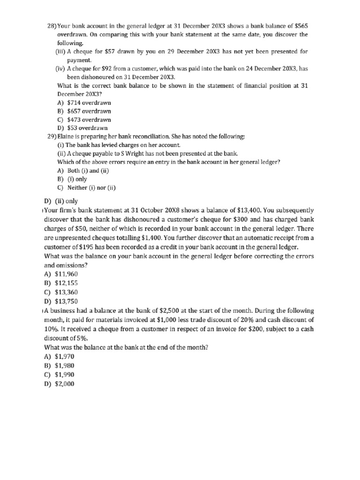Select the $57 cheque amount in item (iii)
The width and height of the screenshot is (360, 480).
tap(112, 51)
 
